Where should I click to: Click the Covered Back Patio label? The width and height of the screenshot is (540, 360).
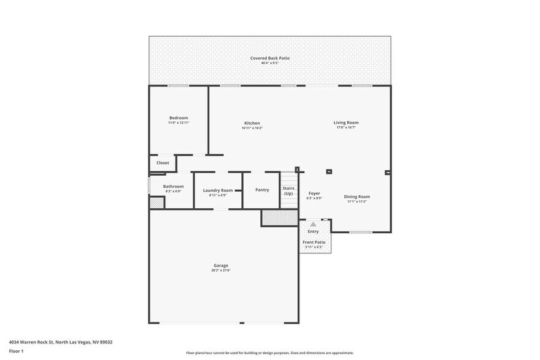point(269,58)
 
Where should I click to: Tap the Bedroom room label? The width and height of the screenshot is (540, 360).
point(179,118)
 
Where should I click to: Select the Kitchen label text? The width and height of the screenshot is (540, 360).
point(252,123)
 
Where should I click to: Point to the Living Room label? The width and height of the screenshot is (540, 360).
point(346,122)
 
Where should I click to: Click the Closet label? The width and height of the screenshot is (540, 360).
point(163,163)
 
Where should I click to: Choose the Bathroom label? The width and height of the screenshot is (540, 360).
point(173,186)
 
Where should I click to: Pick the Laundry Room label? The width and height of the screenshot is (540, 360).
point(218,190)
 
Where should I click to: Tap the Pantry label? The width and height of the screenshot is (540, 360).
point(262,190)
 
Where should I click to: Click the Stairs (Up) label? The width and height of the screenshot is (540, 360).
point(288,191)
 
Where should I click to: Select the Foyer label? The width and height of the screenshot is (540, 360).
point(314,193)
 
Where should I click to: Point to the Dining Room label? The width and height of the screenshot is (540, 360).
point(358,197)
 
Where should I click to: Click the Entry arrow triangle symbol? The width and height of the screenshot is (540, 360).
point(313,225)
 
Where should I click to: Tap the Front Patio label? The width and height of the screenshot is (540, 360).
point(314,242)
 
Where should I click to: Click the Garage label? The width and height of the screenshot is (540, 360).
point(221,265)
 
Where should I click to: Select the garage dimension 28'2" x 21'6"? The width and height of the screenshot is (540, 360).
point(221,270)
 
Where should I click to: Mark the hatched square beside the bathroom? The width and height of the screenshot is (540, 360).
point(157,203)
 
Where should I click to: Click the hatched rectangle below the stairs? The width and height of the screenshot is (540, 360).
point(279,217)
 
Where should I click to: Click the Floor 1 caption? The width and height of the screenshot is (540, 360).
point(16,351)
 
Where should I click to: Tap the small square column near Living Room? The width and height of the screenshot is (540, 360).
point(329,172)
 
